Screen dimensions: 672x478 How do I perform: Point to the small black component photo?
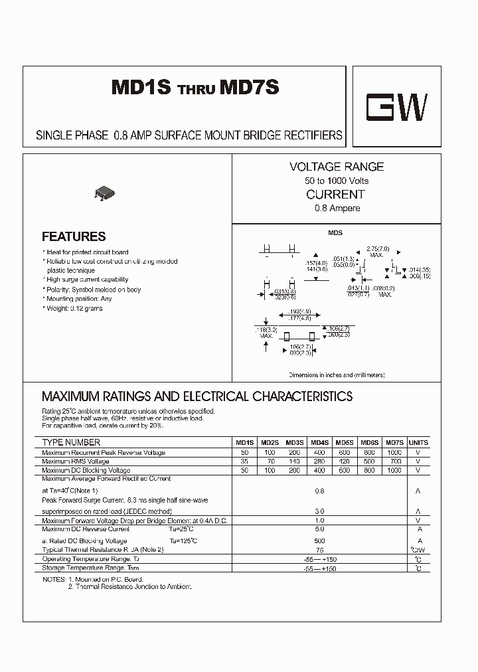pyautogui.click(x=106, y=193)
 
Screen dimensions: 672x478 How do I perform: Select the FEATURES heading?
pyautogui.click(x=74, y=236)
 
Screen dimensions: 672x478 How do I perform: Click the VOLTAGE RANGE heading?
pyautogui.click(x=336, y=167)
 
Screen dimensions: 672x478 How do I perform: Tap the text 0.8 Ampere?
pyautogui.click(x=337, y=208)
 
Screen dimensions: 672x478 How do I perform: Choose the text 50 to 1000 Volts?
pyautogui.click(x=336, y=181)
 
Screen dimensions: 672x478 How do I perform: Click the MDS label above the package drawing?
pyautogui.click(x=335, y=233)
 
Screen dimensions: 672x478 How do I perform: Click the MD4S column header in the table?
pyautogui.click(x=319, y=442)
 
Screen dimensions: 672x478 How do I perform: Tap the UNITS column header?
pyautogui.click(x=418, y=442)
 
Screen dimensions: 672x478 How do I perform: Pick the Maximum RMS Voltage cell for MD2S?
pyautogui.click(x=270, y=461)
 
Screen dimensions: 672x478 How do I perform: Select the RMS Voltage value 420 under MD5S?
pyautogui.click(x=344, y=461)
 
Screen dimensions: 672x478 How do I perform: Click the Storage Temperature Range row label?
pyautogui.click(x=90, y=568)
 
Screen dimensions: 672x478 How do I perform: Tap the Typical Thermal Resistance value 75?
pyautogui.click(x=319, y=550)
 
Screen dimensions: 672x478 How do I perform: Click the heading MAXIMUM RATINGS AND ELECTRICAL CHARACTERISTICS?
pyautogui.click(x=197, y=396)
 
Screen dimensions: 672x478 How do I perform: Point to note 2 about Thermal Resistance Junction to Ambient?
pyautogui.click(x=129, y=587)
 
